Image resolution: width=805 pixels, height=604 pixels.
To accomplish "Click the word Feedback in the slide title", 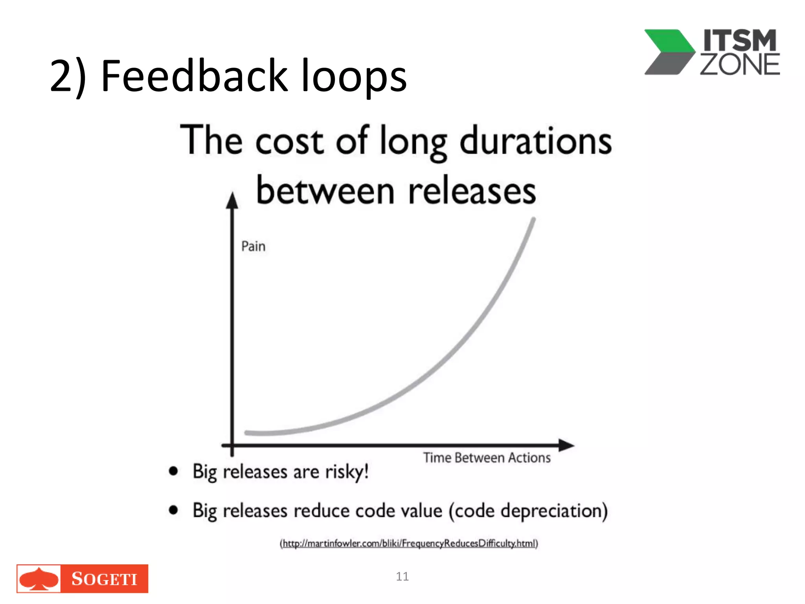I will point(194,75).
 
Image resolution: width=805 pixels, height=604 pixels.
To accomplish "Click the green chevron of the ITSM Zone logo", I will point(670,42).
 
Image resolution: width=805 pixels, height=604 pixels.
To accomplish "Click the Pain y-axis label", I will point(253,247).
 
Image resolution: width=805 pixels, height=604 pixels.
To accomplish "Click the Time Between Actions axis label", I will point(487,458).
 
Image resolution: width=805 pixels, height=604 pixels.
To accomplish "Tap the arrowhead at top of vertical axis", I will point(232,201).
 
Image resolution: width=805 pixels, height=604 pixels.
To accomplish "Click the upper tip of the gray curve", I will point(533,220).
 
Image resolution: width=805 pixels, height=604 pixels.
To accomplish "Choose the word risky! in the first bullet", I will point(347,471).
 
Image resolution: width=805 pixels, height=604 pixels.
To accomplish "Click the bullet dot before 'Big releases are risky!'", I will point(173,471).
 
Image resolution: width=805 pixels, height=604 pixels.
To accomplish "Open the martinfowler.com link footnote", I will point(409,543).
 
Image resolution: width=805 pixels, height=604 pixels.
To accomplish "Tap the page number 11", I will point(402,576).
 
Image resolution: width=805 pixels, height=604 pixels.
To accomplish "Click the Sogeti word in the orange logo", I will point(104,579).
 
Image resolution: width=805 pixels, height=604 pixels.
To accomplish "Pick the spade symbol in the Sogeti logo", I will point(39,579).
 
